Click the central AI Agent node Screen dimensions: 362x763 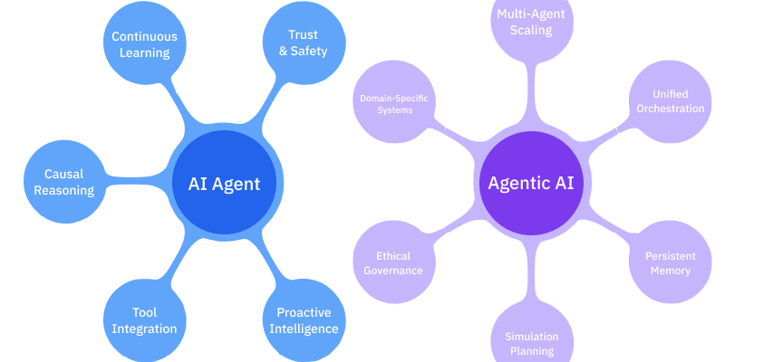224,184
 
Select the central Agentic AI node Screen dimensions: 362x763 530,184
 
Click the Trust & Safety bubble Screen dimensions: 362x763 303,43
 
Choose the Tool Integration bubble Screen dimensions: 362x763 144,320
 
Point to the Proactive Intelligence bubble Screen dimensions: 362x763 304,320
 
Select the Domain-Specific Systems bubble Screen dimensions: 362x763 393,102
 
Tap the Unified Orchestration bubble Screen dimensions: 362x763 670,100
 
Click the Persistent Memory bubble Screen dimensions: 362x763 670,262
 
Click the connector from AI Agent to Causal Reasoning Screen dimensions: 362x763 136,184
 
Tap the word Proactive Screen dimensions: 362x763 304,312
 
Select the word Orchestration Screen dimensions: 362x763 670,109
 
